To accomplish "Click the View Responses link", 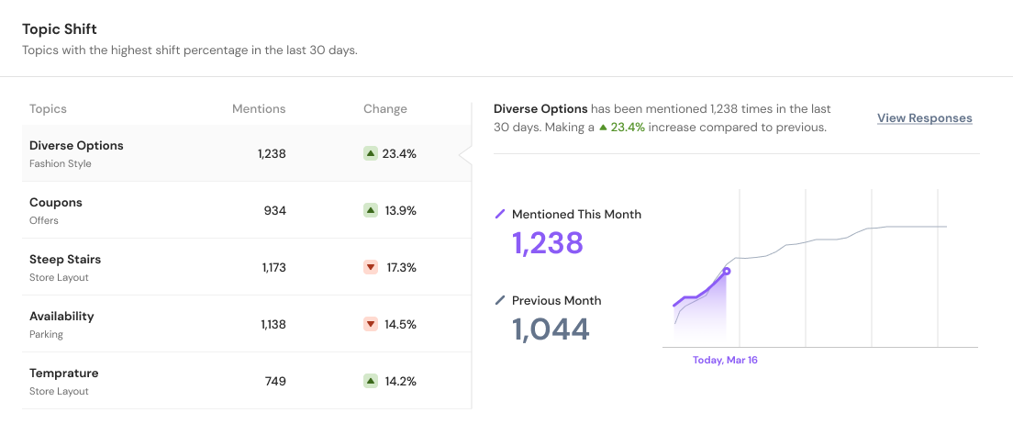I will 924,118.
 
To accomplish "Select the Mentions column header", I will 259,109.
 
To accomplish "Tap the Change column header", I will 384,109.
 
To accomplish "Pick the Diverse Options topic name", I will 76,146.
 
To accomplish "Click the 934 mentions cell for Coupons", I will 274,211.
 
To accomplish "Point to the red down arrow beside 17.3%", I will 371,267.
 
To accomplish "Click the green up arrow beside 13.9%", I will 371,210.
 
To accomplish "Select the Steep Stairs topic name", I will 65,260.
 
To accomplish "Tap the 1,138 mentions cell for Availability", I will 273,325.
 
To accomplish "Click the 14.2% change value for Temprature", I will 400,382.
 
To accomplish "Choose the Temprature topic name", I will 63,374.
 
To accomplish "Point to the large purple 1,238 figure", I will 547,243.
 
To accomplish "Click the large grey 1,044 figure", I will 550,329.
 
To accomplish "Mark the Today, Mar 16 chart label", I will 725,361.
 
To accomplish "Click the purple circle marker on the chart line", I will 727,271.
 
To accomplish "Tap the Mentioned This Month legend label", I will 576,215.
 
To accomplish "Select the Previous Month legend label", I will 556,301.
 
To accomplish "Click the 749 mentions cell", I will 274,382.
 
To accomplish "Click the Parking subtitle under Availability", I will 46,335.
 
